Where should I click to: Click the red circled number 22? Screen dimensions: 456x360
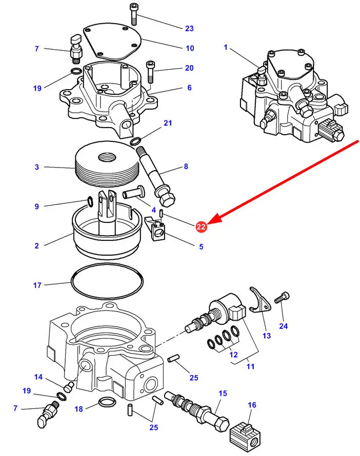(x=201, y=226)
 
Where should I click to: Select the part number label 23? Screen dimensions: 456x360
(x=190, y=28)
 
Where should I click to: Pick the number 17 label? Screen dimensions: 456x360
(x=37, y=285)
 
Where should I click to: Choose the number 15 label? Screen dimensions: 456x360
(x=223, y=393)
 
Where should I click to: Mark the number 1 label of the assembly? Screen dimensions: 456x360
(x=225, y=48)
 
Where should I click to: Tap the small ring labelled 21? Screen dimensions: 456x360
(x=136, y=141)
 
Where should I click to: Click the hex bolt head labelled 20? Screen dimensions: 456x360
(x=150, y=65)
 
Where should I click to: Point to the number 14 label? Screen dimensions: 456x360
(x=38, y=378)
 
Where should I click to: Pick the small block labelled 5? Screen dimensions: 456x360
(x=158, y=228)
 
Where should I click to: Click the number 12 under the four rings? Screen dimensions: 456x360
(x=234, y=355)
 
